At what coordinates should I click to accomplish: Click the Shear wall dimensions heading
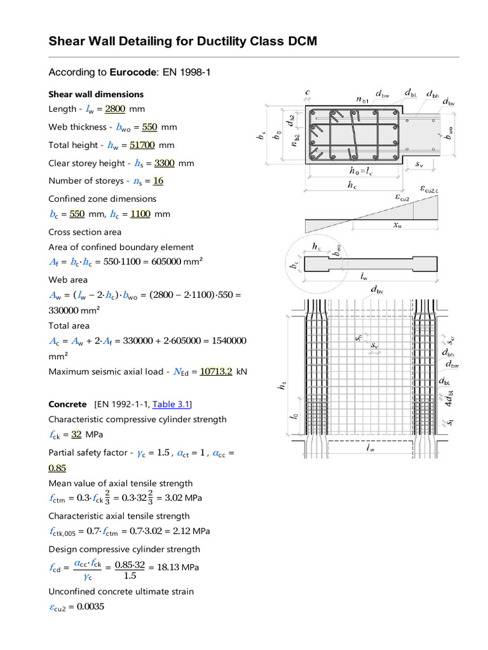[96, 94]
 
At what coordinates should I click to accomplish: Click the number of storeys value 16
[158, 181]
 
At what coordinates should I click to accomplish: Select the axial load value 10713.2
[216, 371]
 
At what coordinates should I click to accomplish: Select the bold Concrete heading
[67, 404]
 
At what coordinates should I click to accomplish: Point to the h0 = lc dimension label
[361, 171]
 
